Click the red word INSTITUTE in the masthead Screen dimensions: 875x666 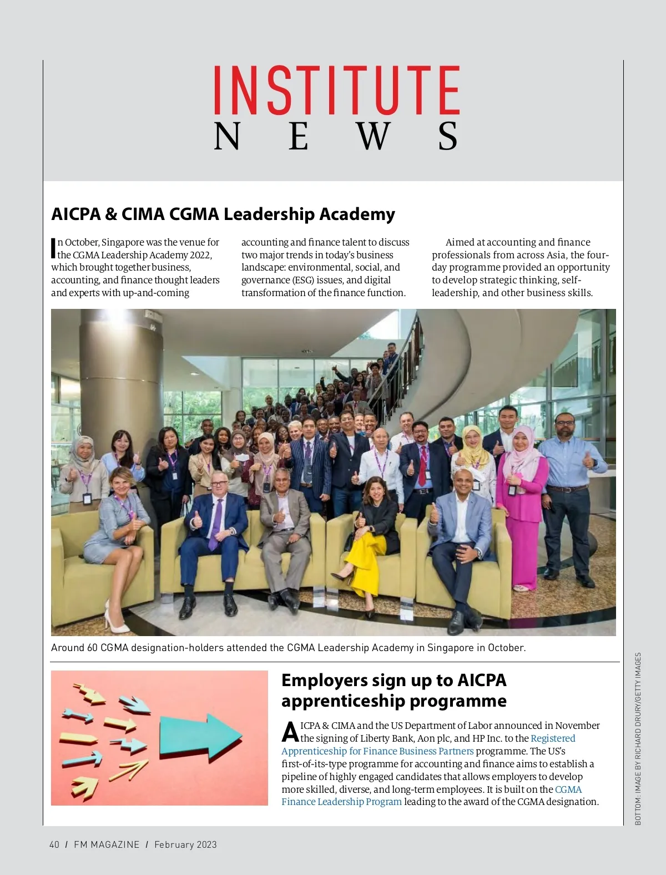[336, 90]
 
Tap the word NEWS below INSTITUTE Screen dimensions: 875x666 [336, 137]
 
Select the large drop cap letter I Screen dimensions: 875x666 [54, 248]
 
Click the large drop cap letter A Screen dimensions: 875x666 [290, 732]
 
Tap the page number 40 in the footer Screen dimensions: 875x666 [54, 844]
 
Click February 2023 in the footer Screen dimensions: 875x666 [185, 844]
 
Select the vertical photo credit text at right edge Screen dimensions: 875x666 [638, 738]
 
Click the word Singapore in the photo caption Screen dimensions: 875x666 [450, 648]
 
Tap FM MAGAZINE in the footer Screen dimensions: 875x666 [107, 844]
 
